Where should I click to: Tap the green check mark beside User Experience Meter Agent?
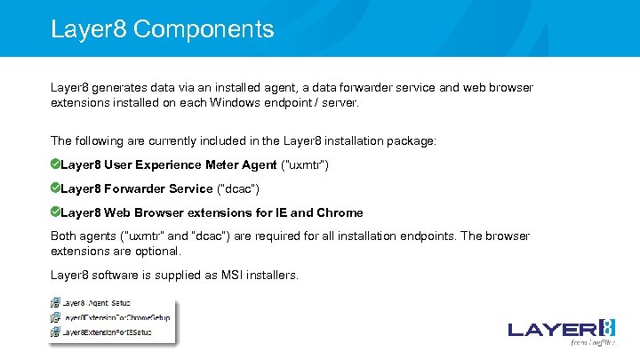(55, 164)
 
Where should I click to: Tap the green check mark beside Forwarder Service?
(55, 188)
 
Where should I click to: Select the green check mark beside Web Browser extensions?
(55, 212)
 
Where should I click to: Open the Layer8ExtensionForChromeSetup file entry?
(116, 317)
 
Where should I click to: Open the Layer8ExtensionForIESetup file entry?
(107, 332)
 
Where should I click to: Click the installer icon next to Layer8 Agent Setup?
(55, 303)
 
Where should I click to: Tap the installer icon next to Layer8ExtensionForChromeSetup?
(55, 317)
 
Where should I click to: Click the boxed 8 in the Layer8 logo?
(606, 328)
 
